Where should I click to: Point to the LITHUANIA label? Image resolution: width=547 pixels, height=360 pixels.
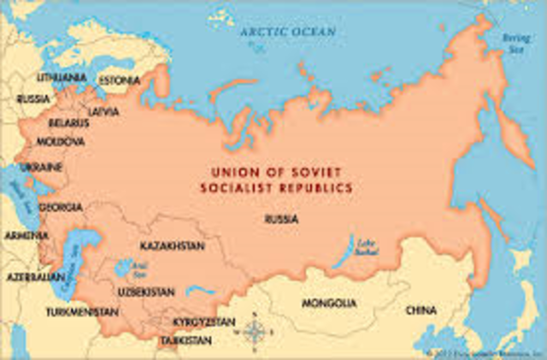(x=61, y=78)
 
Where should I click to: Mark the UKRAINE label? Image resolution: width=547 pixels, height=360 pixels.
(x=41, y=164)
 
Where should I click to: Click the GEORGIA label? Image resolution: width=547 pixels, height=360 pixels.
(x=61, y=207)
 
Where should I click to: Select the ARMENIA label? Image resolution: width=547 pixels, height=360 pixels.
(x=21, y=234)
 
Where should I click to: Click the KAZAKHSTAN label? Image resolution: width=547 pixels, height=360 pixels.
(x=172, y=246)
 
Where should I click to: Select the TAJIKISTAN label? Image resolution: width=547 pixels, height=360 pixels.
(x=185, y=340)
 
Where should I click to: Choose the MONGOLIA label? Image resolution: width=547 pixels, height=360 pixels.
(x=329, y=304)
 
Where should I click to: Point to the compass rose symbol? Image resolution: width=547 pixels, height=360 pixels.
(x=254, y=331)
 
